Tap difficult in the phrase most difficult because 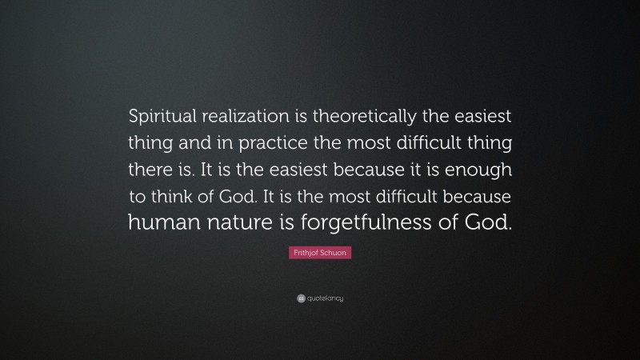tap(402, 197)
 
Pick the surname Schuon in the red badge tap(334, 253)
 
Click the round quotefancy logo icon tap(302, 298)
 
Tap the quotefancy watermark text tap(326, 298)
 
